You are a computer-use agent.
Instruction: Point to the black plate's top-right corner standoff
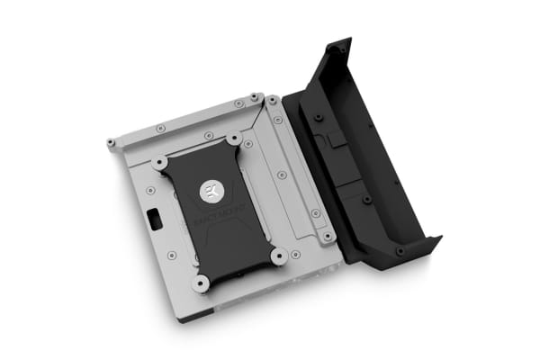click(234, 139)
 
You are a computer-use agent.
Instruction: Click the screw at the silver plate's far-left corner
click(111, 142)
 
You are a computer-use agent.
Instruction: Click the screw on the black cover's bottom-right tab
click(400, 250)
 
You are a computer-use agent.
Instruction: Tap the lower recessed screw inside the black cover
click(366, 198)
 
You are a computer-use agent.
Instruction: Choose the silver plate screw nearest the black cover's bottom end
click(328, 237)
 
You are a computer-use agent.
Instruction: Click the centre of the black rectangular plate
click(217, 211)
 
